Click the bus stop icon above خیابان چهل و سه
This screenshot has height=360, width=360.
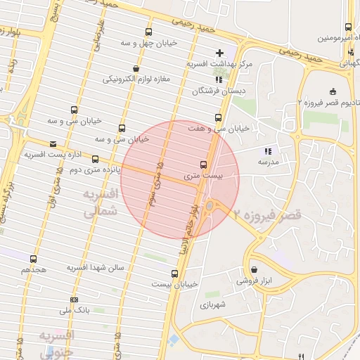click(x=148, y=32)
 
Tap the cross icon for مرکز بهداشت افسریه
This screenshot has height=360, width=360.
click(x=220, y=53)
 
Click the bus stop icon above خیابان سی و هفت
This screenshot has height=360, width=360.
click(x=217, y=117)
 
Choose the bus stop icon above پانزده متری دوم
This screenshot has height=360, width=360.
click(x=95, y=160)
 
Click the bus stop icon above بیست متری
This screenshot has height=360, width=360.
click(x=204, y=165)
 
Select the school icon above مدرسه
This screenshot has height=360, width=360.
click(x=267, y=151)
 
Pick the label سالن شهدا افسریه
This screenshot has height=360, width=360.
click(x=96, y=268)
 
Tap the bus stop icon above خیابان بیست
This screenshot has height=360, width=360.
click(x=174, y=274)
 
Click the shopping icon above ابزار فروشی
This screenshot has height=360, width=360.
click(x=254, y=269)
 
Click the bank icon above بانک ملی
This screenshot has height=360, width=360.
click(x=75, y=300)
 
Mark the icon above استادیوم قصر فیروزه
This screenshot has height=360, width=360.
click(x=333, y=91)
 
